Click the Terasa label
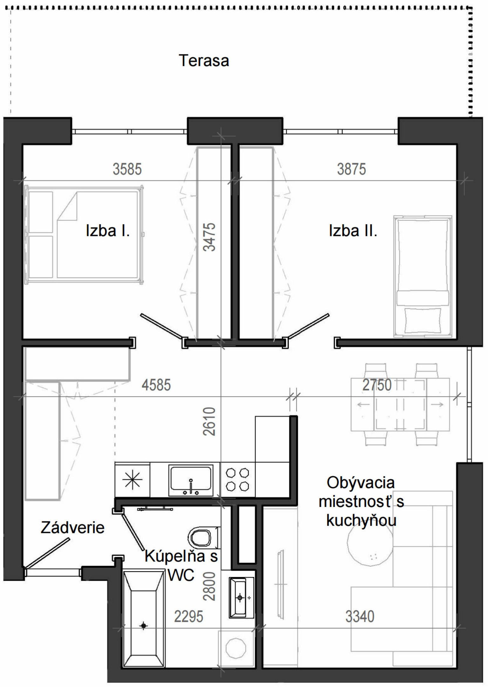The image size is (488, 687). tap(204, 60)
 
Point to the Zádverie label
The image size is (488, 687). tap(72, 528)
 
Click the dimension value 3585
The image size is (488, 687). tap(127, 169)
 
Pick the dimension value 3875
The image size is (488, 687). tap(351, 169)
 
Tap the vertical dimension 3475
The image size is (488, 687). tap(209, 237)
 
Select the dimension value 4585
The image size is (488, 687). tap(156, 385)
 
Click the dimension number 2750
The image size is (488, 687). tap(377, 385)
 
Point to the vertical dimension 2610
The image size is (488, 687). tap(209, 421)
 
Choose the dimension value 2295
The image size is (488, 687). tap(188, 616)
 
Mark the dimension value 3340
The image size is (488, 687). tap(360, 616)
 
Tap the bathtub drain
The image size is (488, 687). tap(144, 626)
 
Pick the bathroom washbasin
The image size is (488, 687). tap(241, 598)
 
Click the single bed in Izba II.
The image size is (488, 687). tap(423, 276)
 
